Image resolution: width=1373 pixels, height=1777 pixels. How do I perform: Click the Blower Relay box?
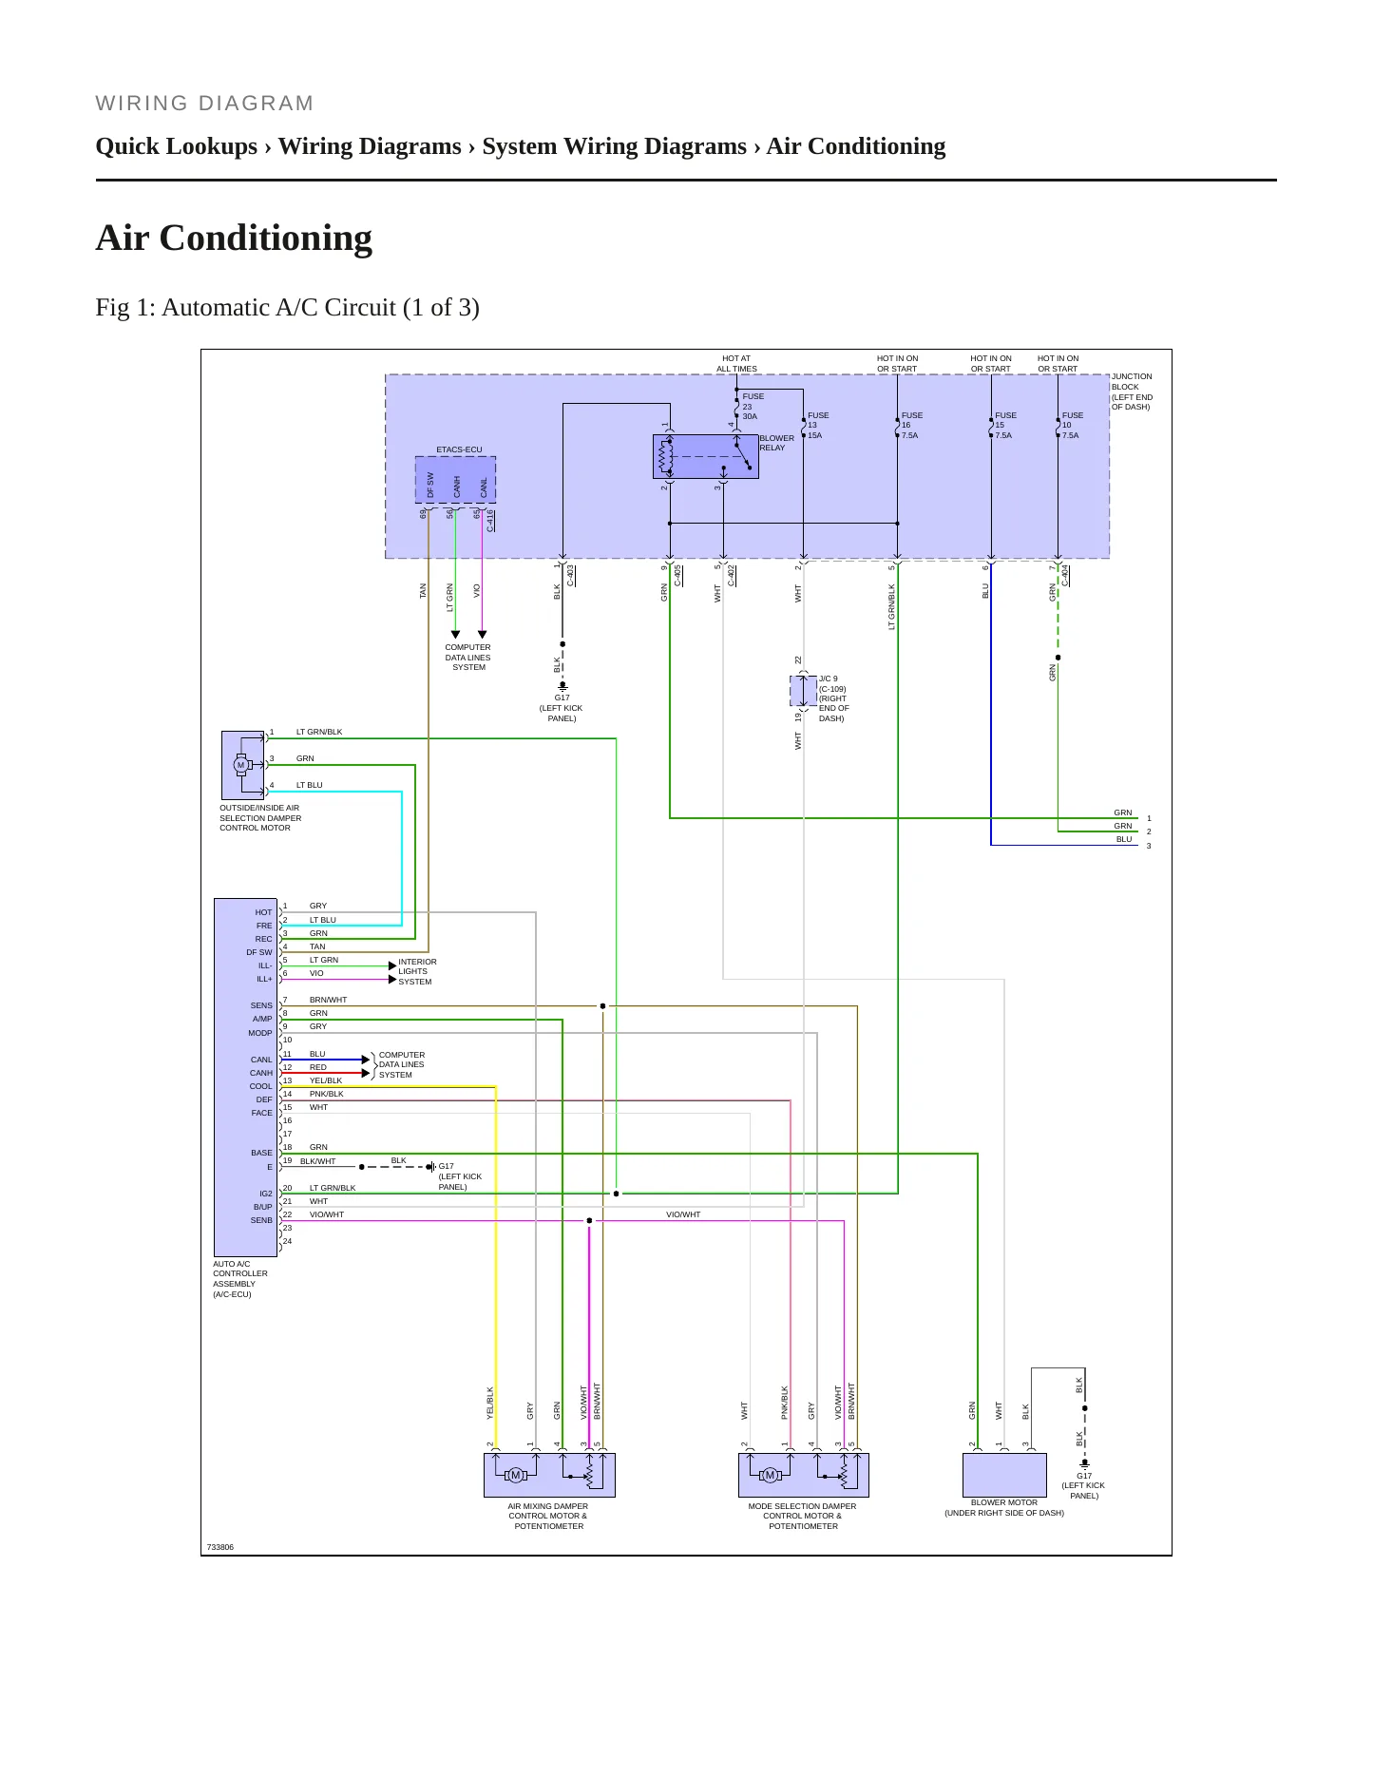coord(705,456)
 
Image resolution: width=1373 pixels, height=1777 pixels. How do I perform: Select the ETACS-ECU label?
coord(459,449)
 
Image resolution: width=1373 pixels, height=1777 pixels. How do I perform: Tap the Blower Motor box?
coord(1004,1475)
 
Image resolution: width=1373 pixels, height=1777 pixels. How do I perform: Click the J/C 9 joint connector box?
coord(804,691)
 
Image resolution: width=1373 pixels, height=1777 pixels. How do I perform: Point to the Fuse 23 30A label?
coord(752,406)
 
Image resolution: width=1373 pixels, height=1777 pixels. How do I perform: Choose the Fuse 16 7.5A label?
coord(911,425)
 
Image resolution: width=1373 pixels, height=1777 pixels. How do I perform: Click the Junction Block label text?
coord(1132,392)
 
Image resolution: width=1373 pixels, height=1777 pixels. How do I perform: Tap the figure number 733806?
coord(219,1547)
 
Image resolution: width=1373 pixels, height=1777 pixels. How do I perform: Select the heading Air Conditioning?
coord(234,238)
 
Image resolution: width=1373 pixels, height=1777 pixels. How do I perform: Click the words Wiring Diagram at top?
coord(204,104)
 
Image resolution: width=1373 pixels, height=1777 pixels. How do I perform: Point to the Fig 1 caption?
coord(287,308)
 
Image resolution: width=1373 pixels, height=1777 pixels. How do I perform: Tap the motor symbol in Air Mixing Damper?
coord(516,1475)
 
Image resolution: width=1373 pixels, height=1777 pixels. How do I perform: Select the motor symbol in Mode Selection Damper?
coord(771,1475)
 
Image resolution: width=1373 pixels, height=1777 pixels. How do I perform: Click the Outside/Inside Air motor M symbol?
coord(240,765)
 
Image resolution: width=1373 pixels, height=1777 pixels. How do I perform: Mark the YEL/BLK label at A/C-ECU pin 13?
coord(326,1080)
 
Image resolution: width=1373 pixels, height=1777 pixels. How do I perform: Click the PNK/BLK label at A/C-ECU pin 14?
coord(327,1094)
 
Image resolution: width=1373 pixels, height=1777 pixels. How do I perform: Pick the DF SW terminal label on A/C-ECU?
coord(259,952)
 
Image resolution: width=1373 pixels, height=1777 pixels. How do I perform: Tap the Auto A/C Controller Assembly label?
coord(240,1279)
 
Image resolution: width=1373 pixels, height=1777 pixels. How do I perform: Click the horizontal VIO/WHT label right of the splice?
coord(683,1214)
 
